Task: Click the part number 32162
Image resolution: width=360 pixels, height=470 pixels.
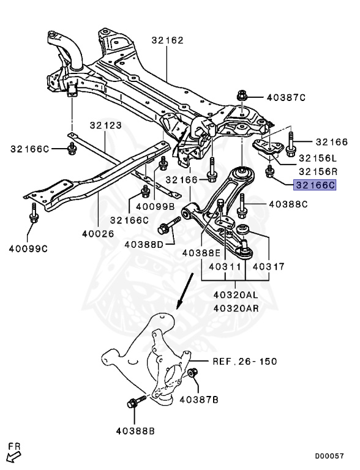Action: click(x=167, y=41)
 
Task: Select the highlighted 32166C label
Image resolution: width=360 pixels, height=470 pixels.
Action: click(x=315, y=184)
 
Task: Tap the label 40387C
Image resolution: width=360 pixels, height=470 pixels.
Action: click(x=285, y=97)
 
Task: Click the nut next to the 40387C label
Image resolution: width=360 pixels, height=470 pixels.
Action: click(x=242, y=96)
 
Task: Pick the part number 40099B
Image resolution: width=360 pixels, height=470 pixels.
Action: click(x=155, y=207)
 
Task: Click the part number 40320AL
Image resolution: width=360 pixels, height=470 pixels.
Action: click(x=236, y=294)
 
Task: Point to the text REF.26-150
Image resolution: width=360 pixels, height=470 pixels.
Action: click(x=244, y=361)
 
